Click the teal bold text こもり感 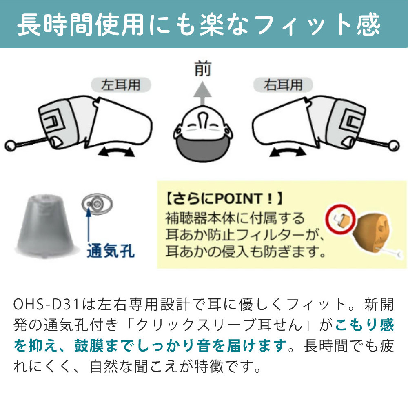click(x=364, y=325)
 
